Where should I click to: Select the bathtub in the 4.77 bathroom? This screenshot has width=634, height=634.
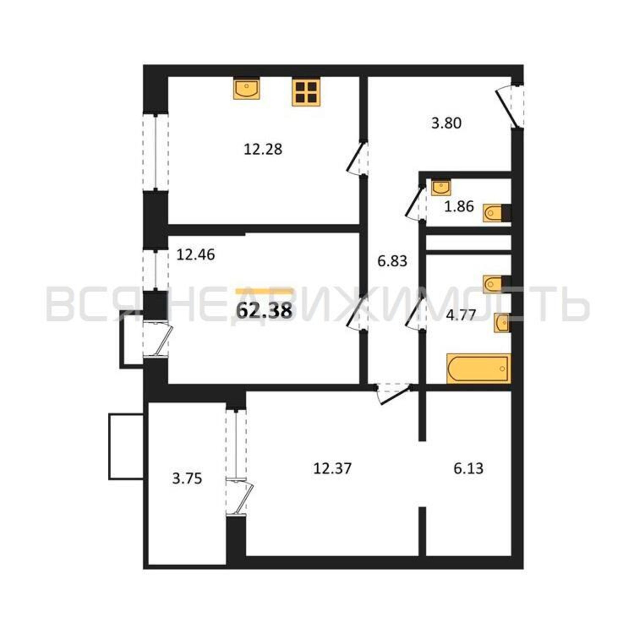tap(479, 368)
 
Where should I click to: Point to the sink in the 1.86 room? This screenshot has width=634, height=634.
tap(441, 187)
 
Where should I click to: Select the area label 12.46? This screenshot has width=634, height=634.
tap(196, 255)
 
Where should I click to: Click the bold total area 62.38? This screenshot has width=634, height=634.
tap(264, 310)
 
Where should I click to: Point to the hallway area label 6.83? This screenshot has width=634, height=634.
tap(392, 261)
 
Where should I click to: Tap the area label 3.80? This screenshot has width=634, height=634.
tap(446, 123)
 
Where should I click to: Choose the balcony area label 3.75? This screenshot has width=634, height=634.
tap(187, 479)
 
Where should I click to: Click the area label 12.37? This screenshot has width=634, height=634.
tap(333, 468)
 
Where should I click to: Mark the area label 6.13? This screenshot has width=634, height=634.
tap(468, 469)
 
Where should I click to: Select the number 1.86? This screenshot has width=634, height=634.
tap(459, 207)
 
